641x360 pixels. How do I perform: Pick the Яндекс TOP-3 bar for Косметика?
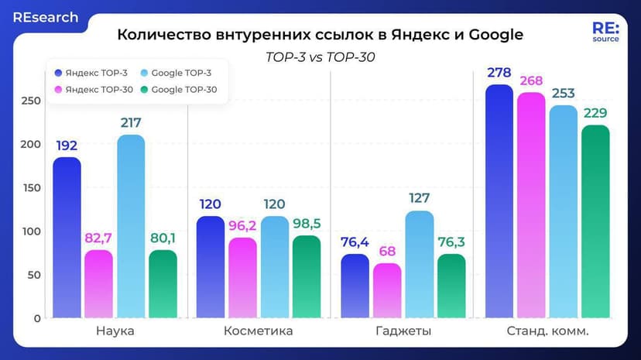pyautogui.click(x=211, y=267)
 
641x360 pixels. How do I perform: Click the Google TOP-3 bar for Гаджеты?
pyautogui.click(x=420, y=264)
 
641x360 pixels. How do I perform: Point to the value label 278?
pyautogui.click(x=499, y=73)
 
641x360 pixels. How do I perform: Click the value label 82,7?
pyautogui.click(x=99, y=238)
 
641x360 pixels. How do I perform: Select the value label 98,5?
pyautogui.click(x=307, y=224)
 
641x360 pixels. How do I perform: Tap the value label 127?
pyautogui.click(x=420, y=198)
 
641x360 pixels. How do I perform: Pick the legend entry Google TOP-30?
pyautogui.click(x=183, y=90)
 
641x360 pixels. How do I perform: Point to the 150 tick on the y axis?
pyautogui.click(x=30, y=188)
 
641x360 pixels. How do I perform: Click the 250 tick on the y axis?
pyautogui.click(x=30, y=101)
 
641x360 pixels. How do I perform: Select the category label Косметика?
pyautogui.click(x=258, y=331)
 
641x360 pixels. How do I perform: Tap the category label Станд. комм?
pyautogui.click(x=547, y=331)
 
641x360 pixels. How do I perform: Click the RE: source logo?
pyautogui.click(x=605, y=32)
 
